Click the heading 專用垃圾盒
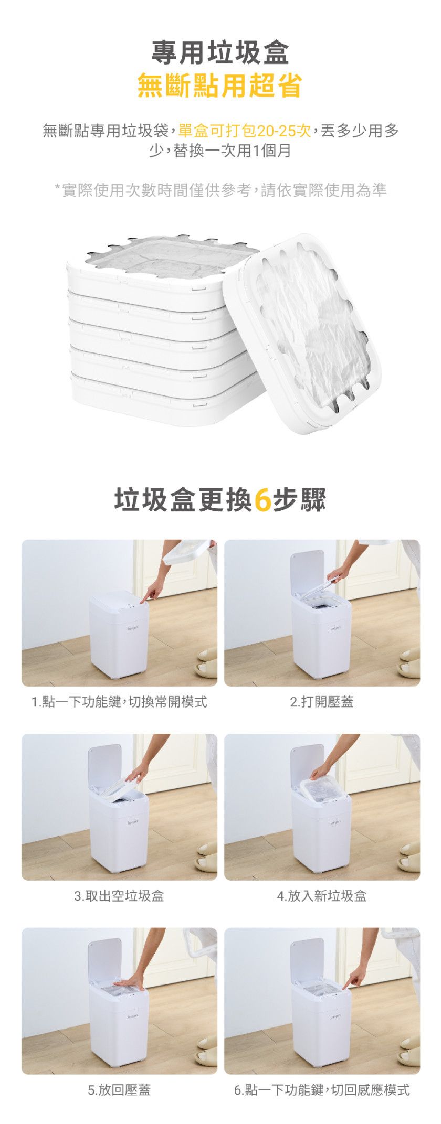220,52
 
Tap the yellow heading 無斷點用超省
220,85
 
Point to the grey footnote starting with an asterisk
220,189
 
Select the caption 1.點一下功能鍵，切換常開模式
119,701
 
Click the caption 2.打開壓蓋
322,701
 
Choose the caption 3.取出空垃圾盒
119,895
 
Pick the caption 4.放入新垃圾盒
322,895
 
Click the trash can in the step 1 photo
119,635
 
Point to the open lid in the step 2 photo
307,572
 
